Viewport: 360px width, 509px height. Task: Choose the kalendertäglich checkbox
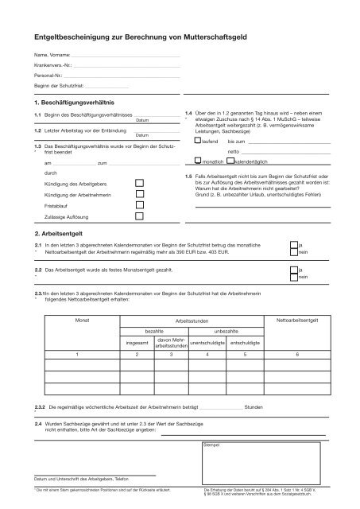[230, 160]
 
